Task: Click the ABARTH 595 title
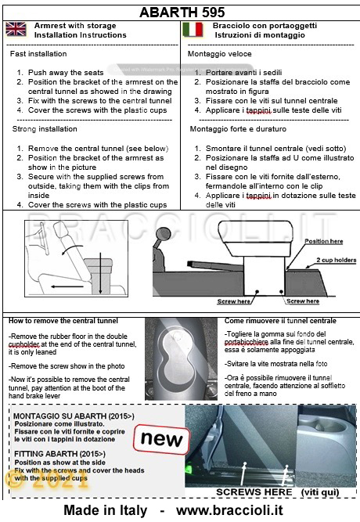182,13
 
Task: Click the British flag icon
16,29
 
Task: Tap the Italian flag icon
193,29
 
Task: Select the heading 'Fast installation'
38,53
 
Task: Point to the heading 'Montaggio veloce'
219,54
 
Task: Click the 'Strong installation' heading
45,129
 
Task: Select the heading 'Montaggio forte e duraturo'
238,129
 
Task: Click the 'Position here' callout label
324,241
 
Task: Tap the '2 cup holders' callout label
336,260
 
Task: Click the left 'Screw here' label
233,301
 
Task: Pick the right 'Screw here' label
303,301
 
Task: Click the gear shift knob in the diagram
163,234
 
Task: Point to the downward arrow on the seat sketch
100,274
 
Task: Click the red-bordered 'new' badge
161,439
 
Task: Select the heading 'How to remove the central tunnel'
63,321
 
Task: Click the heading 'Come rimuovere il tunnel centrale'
280,321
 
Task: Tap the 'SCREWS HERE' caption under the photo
254,492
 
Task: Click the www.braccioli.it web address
229,510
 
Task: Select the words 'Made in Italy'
105,510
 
